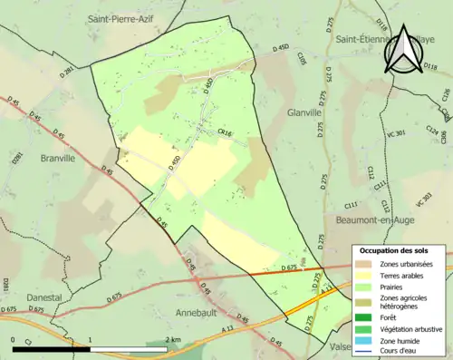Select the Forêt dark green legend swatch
pos(366,316)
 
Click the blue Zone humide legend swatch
pos(366,340)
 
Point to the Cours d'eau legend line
pos(366,352)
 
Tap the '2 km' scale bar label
pos(173,339)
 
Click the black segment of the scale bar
pos(52,348)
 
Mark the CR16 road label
pos(225,133)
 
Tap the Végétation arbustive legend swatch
pos(366,328)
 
